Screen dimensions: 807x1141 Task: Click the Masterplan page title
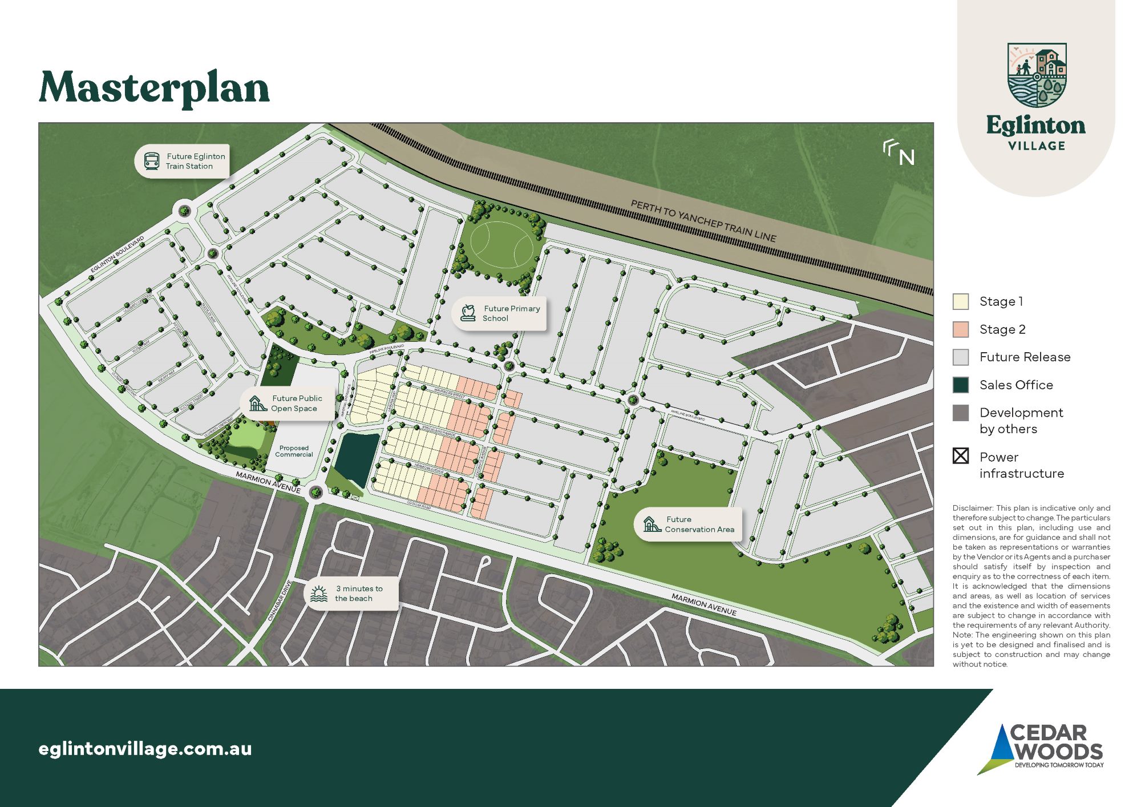click(154, 88)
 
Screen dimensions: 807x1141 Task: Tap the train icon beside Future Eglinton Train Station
click(151, 161)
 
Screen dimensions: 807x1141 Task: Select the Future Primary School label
click(511, 313)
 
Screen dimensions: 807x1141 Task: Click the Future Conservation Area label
click(699, 524)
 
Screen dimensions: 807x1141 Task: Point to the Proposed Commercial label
click(294, 451)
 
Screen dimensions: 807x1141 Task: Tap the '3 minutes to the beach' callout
click(358, 594)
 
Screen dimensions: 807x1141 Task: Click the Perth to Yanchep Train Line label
click(703, 221)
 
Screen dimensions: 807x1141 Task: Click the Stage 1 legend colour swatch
click(961, 301)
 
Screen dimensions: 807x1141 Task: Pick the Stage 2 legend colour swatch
click(961, 329)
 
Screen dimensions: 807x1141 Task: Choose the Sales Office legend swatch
click(961, 385)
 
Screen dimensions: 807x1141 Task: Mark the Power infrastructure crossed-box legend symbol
click(961, 456)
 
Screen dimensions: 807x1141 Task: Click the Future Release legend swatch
click(961, 357)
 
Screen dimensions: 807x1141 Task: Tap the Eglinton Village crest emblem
click(1037, 75)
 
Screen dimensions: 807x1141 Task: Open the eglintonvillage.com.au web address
click(145, 749)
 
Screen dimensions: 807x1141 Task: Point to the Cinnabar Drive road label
click(280, 601)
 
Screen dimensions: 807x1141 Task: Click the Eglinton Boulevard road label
click(118, 254)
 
